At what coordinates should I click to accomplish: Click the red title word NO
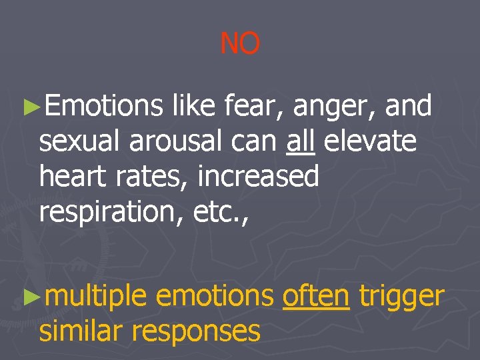pyautogui.click(x=240, y=44)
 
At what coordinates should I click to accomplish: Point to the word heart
pyautogui.click(x=74, y=176)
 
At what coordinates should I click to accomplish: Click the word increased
pyautogui.click(x=259, y=176)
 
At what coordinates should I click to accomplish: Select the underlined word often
pyautogui.click(x=316, y=296)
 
